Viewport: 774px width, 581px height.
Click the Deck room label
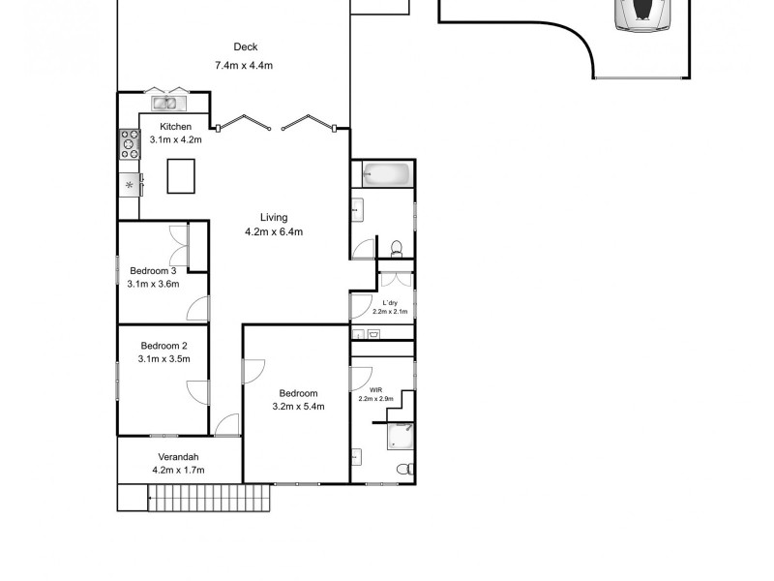(246, 46)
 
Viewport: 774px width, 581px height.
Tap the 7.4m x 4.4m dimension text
(244, 65)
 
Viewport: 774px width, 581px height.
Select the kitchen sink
(168, 104)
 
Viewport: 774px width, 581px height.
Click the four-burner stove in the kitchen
(130, 144)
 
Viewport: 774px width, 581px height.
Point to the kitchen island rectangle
(181, 176)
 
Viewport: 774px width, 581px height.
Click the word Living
(274, 217)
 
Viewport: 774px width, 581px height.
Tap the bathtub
(386, 174)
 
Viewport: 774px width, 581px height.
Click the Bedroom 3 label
(153, 271)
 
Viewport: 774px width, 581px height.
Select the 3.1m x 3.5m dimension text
(164, 358)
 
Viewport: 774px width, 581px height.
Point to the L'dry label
(390, 303)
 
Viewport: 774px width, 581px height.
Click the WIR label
(376, 390)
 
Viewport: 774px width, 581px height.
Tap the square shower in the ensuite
(401, 437)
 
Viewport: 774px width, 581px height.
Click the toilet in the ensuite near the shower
(405, 469)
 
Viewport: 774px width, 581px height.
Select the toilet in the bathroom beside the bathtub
(397, 249)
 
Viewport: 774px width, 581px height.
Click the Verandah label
(178, 457)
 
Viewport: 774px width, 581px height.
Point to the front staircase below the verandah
(209, 498)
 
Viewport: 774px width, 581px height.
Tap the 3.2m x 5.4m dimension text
(298, 407)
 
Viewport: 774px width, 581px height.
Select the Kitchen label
(175, 127)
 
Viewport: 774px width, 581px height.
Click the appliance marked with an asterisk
(130, 185)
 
